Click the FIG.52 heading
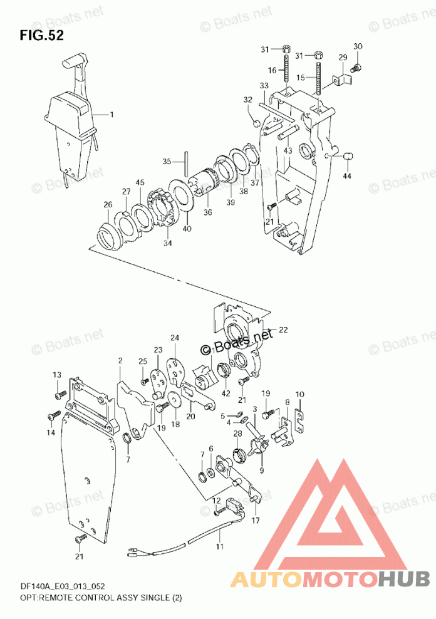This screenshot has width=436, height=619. pos(41,35)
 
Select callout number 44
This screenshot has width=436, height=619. pos(347,175)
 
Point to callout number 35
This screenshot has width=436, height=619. pos(167,161)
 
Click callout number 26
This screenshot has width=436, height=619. pos(108,204)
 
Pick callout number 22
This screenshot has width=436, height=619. pos(283,330)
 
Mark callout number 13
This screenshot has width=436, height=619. pos(57,375)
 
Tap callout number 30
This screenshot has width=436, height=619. pos(358,46)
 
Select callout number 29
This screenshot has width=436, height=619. pos(343,58)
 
